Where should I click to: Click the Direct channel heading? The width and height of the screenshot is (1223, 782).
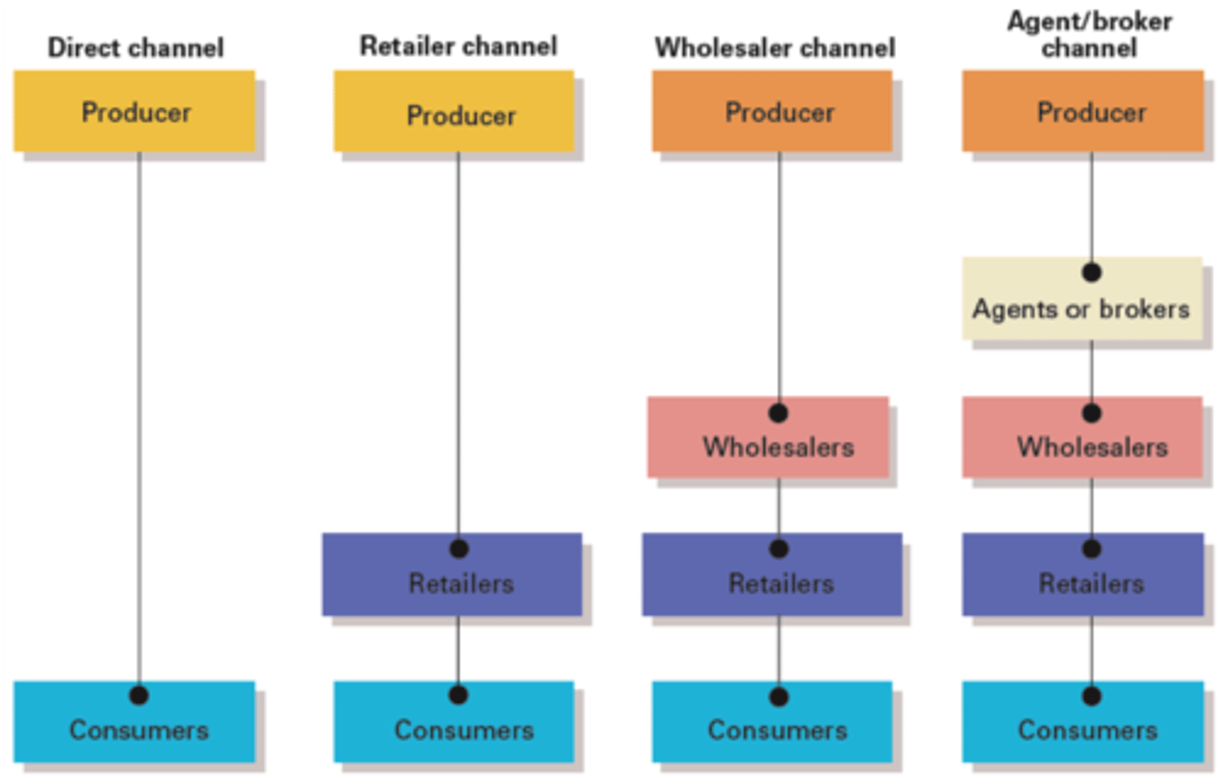(x=136, y=48)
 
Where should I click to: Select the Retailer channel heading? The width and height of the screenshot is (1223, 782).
(x=459, y=46)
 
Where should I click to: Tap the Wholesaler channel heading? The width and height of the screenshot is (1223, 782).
(x=775, y=48)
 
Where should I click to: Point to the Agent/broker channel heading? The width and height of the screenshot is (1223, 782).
(x=1090, y=34)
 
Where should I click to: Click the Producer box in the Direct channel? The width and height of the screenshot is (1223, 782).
(x=134, y=111)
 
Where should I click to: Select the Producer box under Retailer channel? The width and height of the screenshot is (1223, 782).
(x=454, y=111)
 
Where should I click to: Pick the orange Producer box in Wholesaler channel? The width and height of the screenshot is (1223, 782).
(x=772, y=111)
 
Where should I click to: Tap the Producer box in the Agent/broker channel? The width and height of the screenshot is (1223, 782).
(x=1083, y=111)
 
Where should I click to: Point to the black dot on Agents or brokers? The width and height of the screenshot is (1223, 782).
(x=1092, y=273)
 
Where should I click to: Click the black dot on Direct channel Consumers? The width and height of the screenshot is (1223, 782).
(x=139, y=695)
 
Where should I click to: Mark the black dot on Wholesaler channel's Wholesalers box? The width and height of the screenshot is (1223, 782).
(x=779, y=414)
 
